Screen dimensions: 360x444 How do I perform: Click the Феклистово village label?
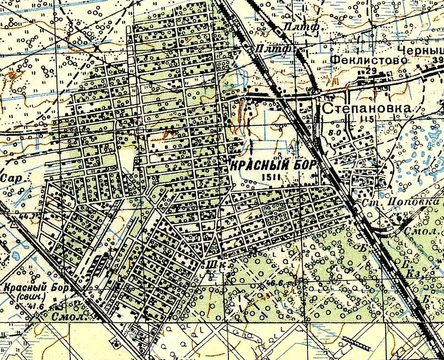coord(370,60)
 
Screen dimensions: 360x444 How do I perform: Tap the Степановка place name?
coord(367,109)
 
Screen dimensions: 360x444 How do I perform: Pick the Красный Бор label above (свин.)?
coord(36,287)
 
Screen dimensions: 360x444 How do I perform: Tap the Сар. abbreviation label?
coord(9,178)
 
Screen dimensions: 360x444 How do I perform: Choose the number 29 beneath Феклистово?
coord(370,70)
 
